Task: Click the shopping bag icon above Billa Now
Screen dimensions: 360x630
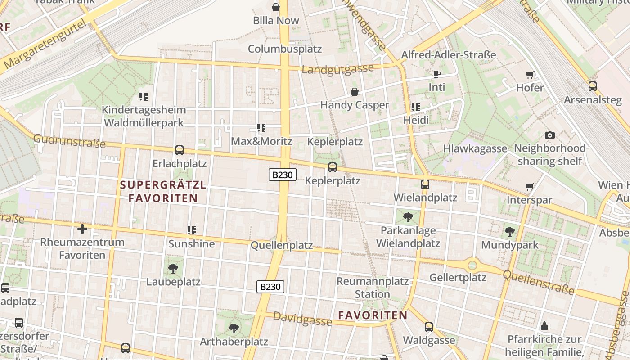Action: pyautogui.click(x=276, y=7)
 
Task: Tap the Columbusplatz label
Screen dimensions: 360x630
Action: pyautogui.click(x=285, y=49)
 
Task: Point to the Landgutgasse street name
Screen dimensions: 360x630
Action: pyautogui.click(x=337, y=69)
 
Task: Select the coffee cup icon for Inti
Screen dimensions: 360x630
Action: pyautogui.click(x=436, y=74)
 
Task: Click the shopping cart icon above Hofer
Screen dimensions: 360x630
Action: pyautogui.click(x=530, y=75)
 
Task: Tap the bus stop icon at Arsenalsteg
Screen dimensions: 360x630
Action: pyautogui.click(x=592, y=86)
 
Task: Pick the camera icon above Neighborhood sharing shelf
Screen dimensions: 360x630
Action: pyautogui.click(x=549, y=135)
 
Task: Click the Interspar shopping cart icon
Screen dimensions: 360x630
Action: pyautogui.click(x=530, y=187)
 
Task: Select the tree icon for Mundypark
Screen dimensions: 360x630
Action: pyautogui.click(x=509, y=232)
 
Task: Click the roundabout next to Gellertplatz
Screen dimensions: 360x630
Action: pyautogui.click(x=472, y=265)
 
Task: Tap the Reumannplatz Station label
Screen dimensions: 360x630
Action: pyautogui.click(x=373, y=288)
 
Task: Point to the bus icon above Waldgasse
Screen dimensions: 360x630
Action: pyautogui.click(x=429, y=327)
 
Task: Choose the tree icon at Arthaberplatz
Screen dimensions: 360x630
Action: pyautogui.click(x=234, y=328)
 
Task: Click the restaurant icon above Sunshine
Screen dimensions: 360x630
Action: pyautogui.click(x=192, y=230)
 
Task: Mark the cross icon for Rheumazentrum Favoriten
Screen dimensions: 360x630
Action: pyautogui.click(x=82, y=229)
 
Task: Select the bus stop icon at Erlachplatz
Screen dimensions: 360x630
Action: pyautogui.click(x=180, y=150)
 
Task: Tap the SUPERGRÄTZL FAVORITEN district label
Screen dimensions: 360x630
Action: pyautogui.click(x=163, y=191)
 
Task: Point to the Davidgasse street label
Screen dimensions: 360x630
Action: pyautogui.click(x=302, y=319)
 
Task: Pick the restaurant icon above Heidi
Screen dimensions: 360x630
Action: pyautogui.click(x=415, y=107)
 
